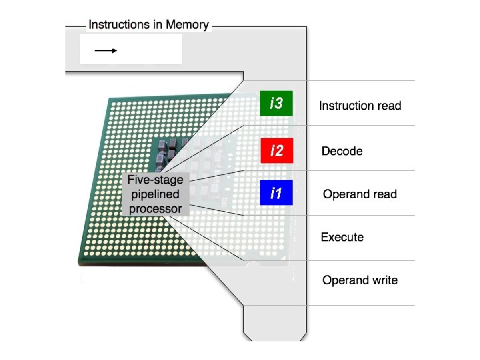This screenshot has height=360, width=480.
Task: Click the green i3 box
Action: click(x=276, y=104)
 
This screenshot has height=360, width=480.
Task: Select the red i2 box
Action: click(x=276, y=151)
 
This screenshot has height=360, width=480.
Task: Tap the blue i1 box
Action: click(x=276, y=194)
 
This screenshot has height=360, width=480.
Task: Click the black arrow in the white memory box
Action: click(x=105, y=50)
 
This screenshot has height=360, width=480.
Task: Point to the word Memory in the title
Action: click(x=187, y=25)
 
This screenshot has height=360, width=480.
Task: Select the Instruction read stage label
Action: click(x=360, y=105)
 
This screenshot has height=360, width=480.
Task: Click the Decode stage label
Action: click(x=342, y=151)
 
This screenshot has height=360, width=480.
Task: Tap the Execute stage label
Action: click(x=342, y=237)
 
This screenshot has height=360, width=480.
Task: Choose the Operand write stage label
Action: click(x=360, y=280)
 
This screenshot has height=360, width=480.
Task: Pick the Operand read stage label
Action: click(x=359, y=195)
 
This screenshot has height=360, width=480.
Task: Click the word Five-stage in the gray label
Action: click(x=155, y=180)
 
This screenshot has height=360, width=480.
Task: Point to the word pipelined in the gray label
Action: click(x=155, y=195)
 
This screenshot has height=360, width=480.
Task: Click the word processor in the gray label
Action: click(x=155, y=209)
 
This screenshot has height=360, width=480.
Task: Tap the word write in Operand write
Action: click(x=384, y=280)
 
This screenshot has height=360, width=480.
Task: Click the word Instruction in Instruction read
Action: click(x=346, y=105)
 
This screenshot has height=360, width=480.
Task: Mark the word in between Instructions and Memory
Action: click(x=159, y=25)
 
